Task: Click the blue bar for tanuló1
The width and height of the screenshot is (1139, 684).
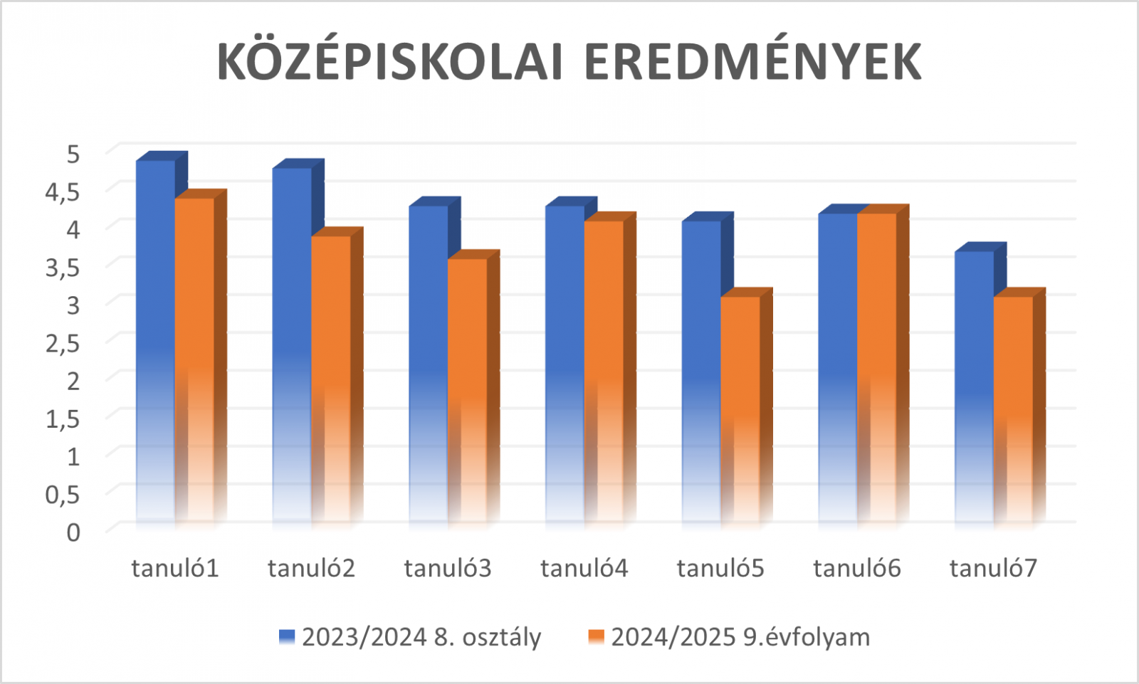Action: click(155, 342)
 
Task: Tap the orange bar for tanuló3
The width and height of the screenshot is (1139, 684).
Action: click(468, 391)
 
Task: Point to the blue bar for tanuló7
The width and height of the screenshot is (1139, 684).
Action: click(974, 388)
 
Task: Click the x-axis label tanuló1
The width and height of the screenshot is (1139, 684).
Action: click(175, 568)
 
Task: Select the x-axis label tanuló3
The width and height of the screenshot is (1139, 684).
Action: click(448, 568)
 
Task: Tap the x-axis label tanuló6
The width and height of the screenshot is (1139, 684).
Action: click(857, 568)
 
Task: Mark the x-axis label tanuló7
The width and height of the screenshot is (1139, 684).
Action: click(993, 568)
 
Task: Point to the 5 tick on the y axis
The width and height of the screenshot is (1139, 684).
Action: click(73, 153)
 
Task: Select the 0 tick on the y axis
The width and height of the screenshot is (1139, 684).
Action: click(73, 532)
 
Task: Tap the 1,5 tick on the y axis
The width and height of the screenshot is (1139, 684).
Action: click(63, 419)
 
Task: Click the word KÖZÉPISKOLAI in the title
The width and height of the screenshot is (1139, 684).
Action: click(390, 62)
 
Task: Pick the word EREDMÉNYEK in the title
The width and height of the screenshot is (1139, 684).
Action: click(752, 62)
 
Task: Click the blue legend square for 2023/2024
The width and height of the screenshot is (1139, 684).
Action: click(287, 636)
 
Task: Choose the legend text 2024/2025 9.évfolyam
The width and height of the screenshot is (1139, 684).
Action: click(740, 636)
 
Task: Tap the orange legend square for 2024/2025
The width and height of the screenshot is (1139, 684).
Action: click(596, 636)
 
